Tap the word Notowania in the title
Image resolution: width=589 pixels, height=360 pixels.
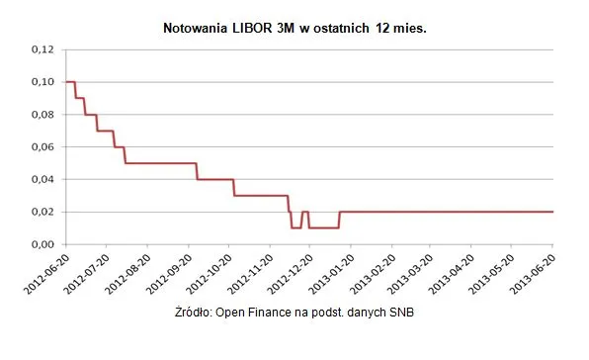pyautogui.click(x=193, y=31)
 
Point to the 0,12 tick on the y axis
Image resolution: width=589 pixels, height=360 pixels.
pyautogui.click(x=44, y=48)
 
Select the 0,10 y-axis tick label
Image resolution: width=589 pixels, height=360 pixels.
pyautogui.click(x=44, y=81)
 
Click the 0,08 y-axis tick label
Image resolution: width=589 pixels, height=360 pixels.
pyautogui.click(x=44, y=114)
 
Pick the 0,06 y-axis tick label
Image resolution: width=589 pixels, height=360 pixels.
pyautogui.click(x=44, y=146)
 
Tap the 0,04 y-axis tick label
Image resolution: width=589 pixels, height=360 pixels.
pyautogui.click(x=44, y=179)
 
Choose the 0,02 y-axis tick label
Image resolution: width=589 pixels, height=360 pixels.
pyautogui.click(x=44, y=212)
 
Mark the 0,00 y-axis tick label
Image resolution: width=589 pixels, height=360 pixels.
pyautogui.click(x=44, y=244)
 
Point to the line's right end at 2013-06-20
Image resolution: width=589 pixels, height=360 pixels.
pyautogui.click(x=552, y=212)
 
